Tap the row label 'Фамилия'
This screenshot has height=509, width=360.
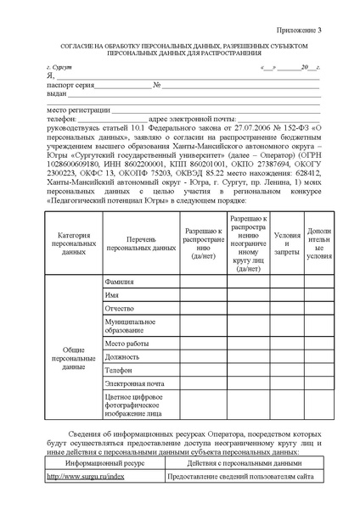point(120,280)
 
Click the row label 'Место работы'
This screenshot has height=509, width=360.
point(126,344)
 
